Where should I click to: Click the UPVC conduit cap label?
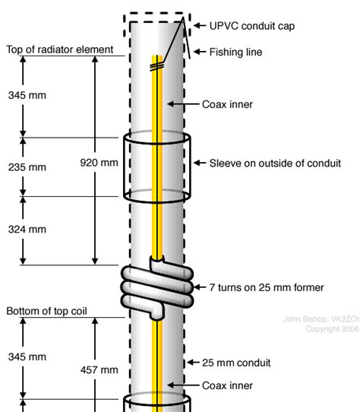[x=252, y=26]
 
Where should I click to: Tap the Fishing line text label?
[x=235, y=52]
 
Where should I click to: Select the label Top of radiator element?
[x=60, y=49]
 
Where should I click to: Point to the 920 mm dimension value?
[x=99, y=163]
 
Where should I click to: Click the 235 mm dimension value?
[x=27, y=167]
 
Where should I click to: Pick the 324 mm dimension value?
[x=27, y=230]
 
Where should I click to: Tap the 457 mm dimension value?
[x=99, y=370]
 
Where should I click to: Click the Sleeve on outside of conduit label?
[x=275, y=163]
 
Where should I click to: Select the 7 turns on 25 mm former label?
[x=267, y=287]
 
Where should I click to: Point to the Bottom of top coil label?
[x=46, y=311]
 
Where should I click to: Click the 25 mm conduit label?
[x=236, y=363]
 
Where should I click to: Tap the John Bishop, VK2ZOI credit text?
[x=321, y=319]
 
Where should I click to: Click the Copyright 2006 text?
[x=332, y=329]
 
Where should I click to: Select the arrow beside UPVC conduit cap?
[x=200, y=26]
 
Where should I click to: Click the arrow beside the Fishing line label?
[x=200, y=52]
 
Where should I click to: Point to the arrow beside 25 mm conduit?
[x=193, y=363]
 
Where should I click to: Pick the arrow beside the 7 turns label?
[x=200, y=287]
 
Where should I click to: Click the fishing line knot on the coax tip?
[x=156, y=66]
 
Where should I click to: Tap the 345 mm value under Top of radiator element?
[x=27, y=95]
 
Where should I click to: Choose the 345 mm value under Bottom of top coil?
[x=27, y=357]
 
